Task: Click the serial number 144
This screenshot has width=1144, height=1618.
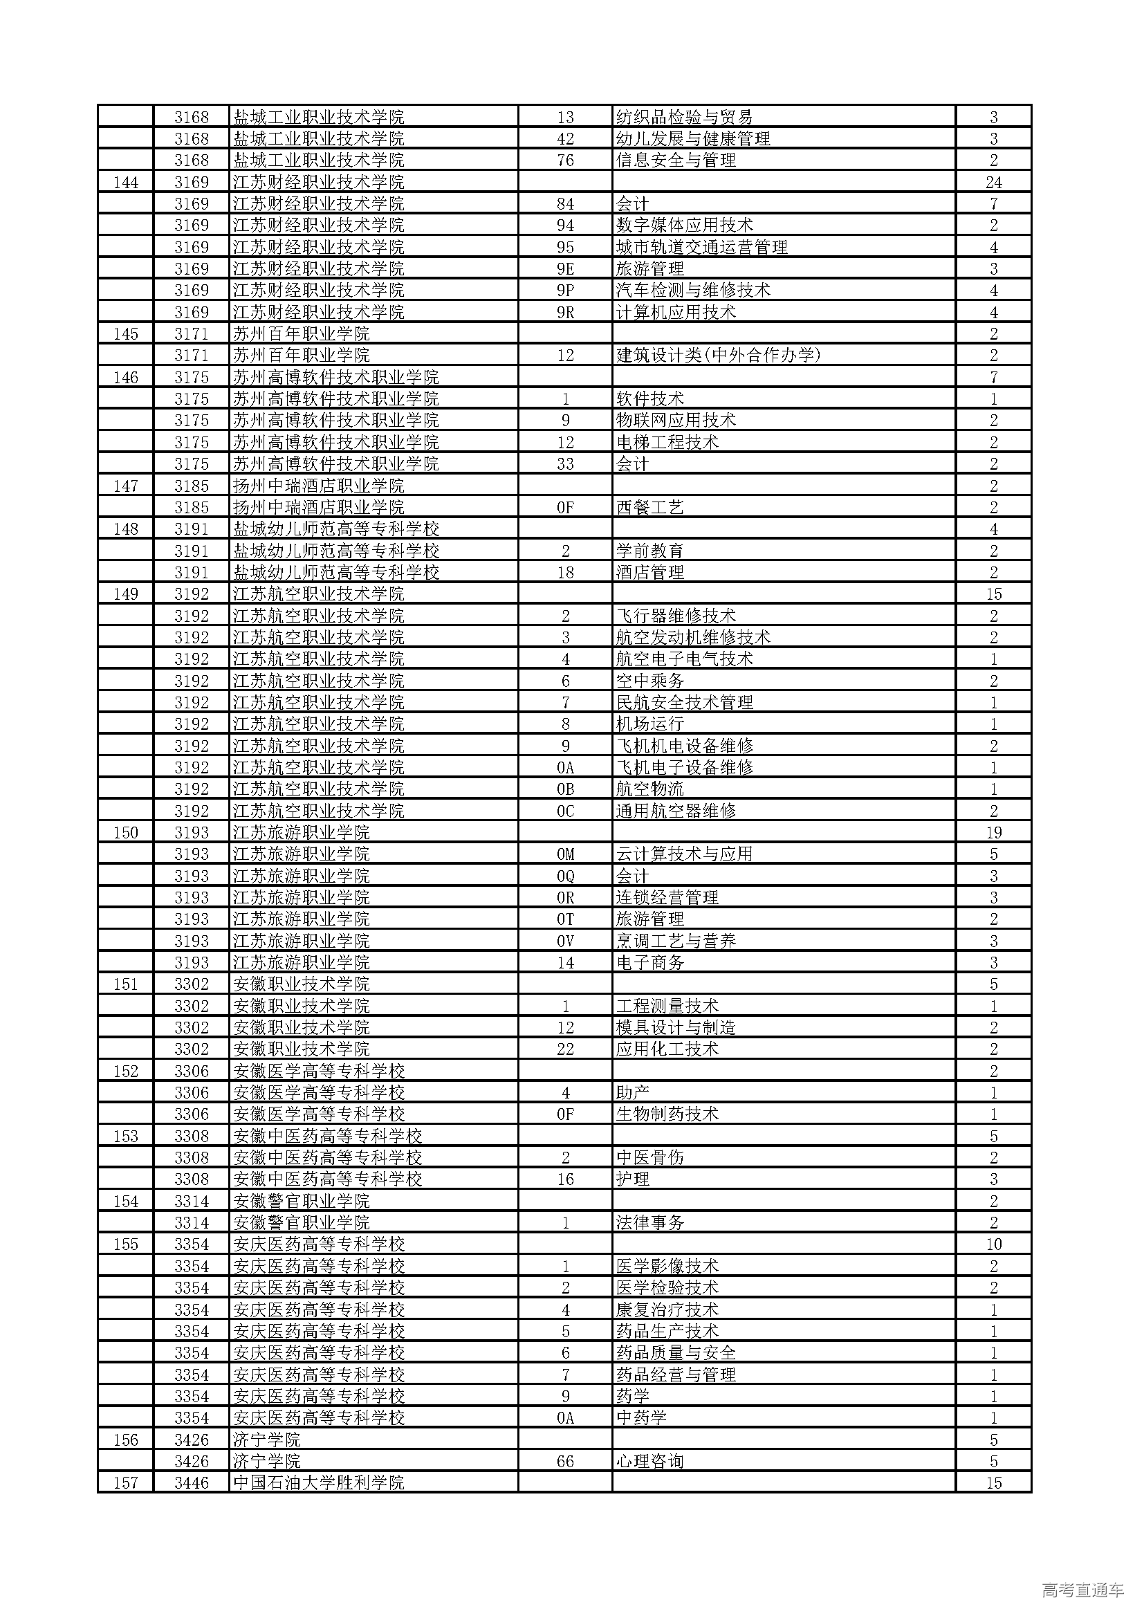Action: [125, 183]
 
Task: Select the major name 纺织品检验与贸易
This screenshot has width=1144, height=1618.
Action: [684, 117]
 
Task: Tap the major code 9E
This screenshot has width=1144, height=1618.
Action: [565, 269]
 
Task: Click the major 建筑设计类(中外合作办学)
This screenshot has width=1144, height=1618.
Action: [718, 356]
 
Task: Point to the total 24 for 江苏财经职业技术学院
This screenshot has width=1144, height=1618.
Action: [993, 183]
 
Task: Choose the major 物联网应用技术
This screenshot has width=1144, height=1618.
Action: [676, 421]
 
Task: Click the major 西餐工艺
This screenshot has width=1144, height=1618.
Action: [649, 507]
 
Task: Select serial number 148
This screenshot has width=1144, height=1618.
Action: [125, 529]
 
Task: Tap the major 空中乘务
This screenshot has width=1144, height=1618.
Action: [649, 681]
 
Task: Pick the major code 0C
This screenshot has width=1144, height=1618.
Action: [565, 811]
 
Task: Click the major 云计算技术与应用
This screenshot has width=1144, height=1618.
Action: [684, 854]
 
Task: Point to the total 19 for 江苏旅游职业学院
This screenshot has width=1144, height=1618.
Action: [993, 833]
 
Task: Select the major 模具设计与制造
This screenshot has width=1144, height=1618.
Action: [676, 1027]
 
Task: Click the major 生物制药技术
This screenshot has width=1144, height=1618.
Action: [667, 1114]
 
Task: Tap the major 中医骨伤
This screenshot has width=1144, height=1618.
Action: [649, 1158]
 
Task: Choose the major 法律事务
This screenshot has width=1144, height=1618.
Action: [649, 1222]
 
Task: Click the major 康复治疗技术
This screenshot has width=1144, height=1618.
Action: [667, 1309]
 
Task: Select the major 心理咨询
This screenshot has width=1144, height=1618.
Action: [649, 1462]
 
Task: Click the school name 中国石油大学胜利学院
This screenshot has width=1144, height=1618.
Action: [318, 1482]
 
